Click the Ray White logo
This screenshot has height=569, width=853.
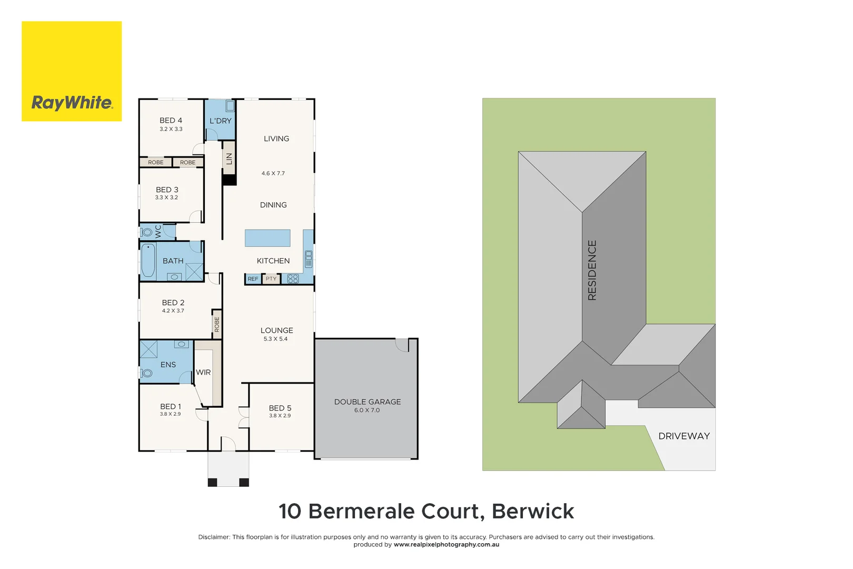(72, 72)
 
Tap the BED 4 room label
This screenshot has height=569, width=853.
(171, 121)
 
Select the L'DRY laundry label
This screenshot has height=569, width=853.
(220, 121)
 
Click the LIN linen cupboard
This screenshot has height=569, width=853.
(229, 158)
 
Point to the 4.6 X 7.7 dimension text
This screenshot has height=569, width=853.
(273, 173)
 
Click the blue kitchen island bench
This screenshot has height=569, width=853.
(267, 238)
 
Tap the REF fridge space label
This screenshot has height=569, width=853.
(253, 279)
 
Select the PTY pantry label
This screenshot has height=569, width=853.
(271, 279)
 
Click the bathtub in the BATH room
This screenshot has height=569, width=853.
(148, 261)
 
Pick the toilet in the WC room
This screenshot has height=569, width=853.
(147, 232)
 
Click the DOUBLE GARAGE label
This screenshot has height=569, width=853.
(368, 402)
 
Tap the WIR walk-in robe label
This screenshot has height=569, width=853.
(203, 372)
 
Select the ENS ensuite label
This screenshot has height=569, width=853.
(168, 365)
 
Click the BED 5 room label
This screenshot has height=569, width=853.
(280, 408)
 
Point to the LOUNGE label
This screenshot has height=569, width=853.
(276, 330)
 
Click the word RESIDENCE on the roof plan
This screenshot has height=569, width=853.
(592, 270)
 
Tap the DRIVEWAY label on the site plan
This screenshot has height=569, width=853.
(683, 436)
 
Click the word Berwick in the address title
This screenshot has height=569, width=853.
(532, 512)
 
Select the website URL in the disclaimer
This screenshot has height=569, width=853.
(446, 545)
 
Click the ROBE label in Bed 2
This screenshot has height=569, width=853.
(216, 324)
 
